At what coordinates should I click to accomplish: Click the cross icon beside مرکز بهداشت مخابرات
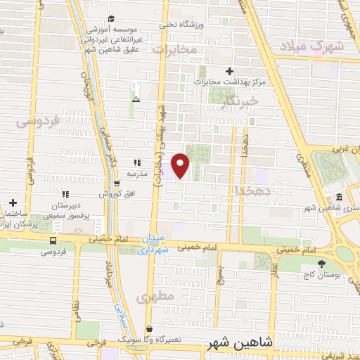[x=229, y=71]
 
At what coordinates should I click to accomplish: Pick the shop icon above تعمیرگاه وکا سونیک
[x=149, y=328]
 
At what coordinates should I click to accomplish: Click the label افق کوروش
[x=111, y=193]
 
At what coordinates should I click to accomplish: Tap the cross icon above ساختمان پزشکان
[x=13, y=202]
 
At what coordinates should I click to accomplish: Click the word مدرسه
[x=138, y=173]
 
